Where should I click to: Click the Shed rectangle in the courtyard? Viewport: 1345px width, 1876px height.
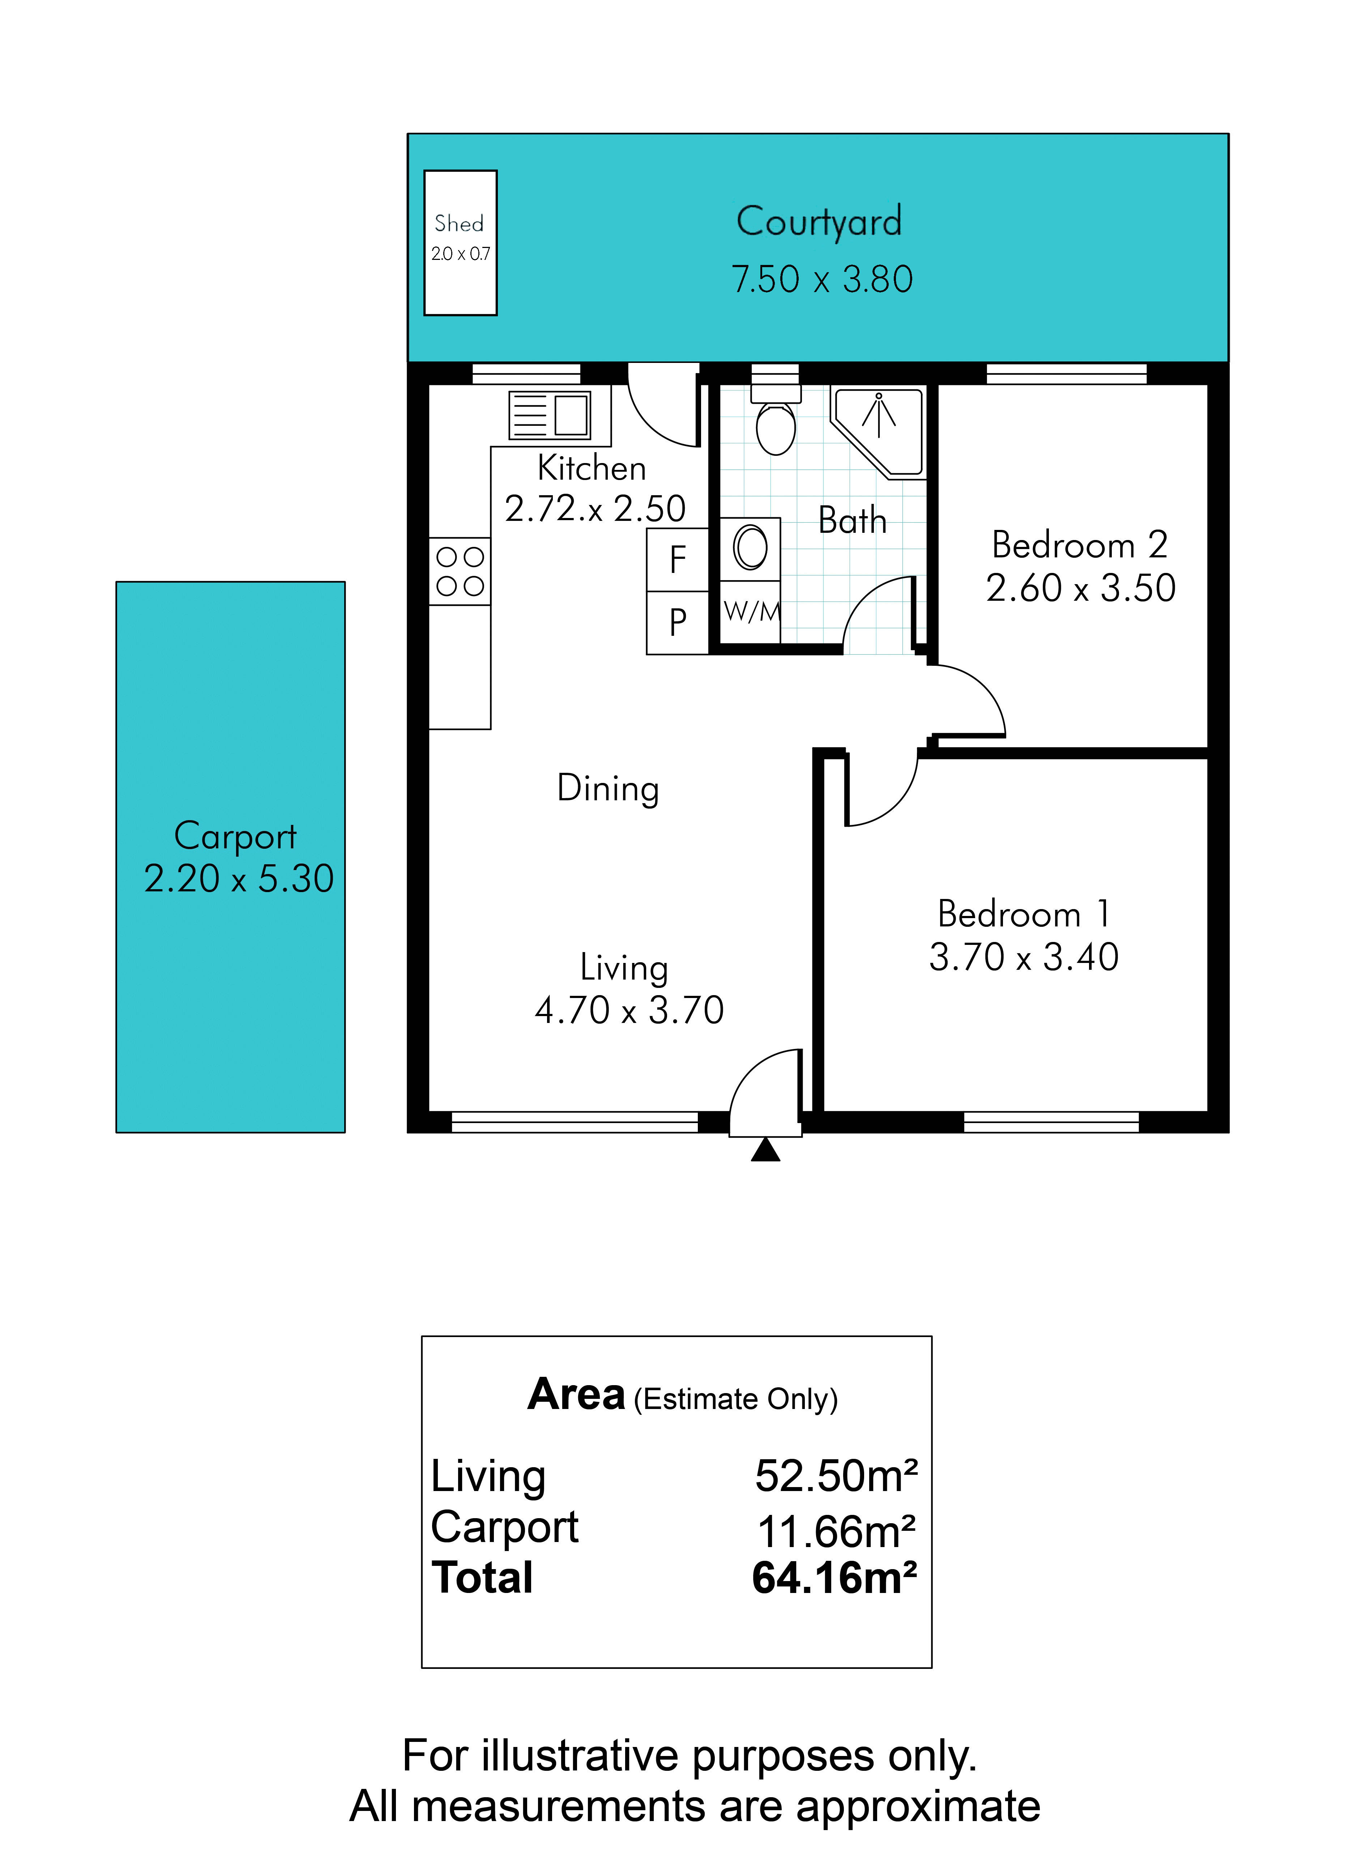460,242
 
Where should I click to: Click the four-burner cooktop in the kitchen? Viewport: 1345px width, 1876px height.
460,571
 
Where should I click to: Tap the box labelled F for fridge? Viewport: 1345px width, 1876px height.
678,560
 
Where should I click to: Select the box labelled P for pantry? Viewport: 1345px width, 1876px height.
678,622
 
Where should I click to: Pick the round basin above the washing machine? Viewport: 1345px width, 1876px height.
750,548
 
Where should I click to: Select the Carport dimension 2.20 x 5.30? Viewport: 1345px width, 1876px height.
238,878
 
